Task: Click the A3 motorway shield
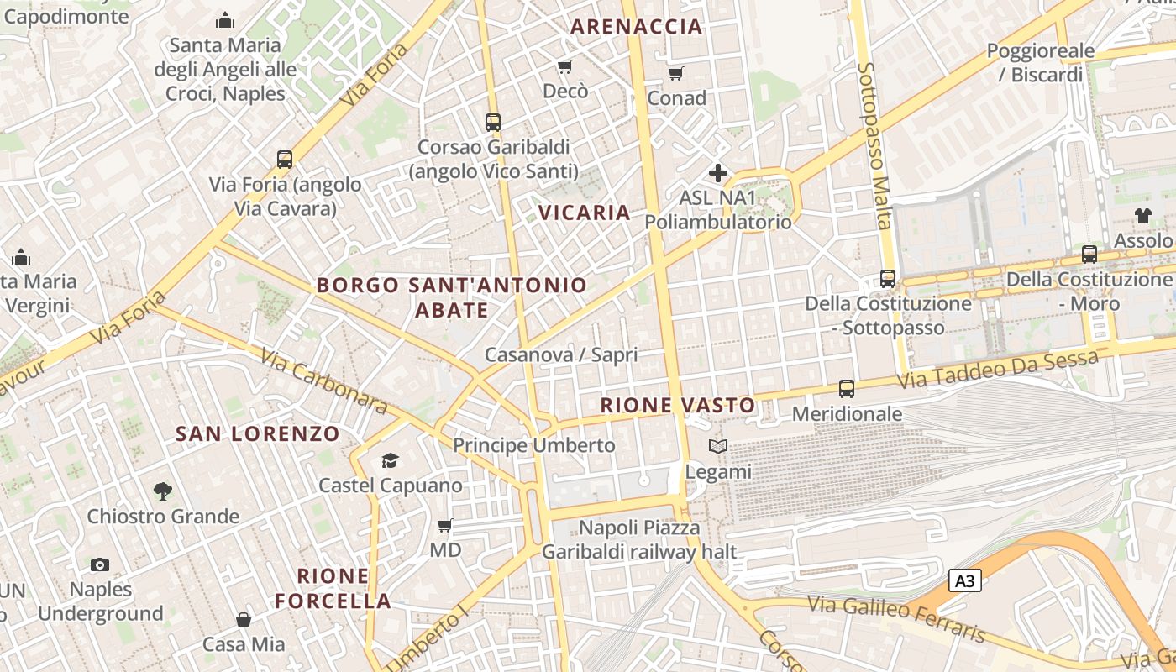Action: coord(966,580)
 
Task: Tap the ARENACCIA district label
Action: coord(636,26)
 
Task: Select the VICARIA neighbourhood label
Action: coord(585,213)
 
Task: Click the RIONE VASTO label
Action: coord(678,406)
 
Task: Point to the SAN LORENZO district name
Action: coord(257,434)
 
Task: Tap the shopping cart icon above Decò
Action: coord(565,66)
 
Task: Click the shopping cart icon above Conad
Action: coord(676,74)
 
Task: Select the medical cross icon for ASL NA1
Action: coord(718,174)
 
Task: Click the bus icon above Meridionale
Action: coord(847,389)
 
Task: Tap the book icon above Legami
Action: coord(718,447)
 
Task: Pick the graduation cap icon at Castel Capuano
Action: coord(390,460)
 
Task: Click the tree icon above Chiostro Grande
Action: coord(163,491)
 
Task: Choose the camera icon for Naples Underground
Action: coord(100,564)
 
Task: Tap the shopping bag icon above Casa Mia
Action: coord(244,620)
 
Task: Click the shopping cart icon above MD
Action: coord(445,526)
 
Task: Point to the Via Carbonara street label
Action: coord(323,382)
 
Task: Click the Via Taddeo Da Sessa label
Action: coord(998,370)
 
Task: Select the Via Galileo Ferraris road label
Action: coord(895,617)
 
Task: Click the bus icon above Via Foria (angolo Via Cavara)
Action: coord(285,160)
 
